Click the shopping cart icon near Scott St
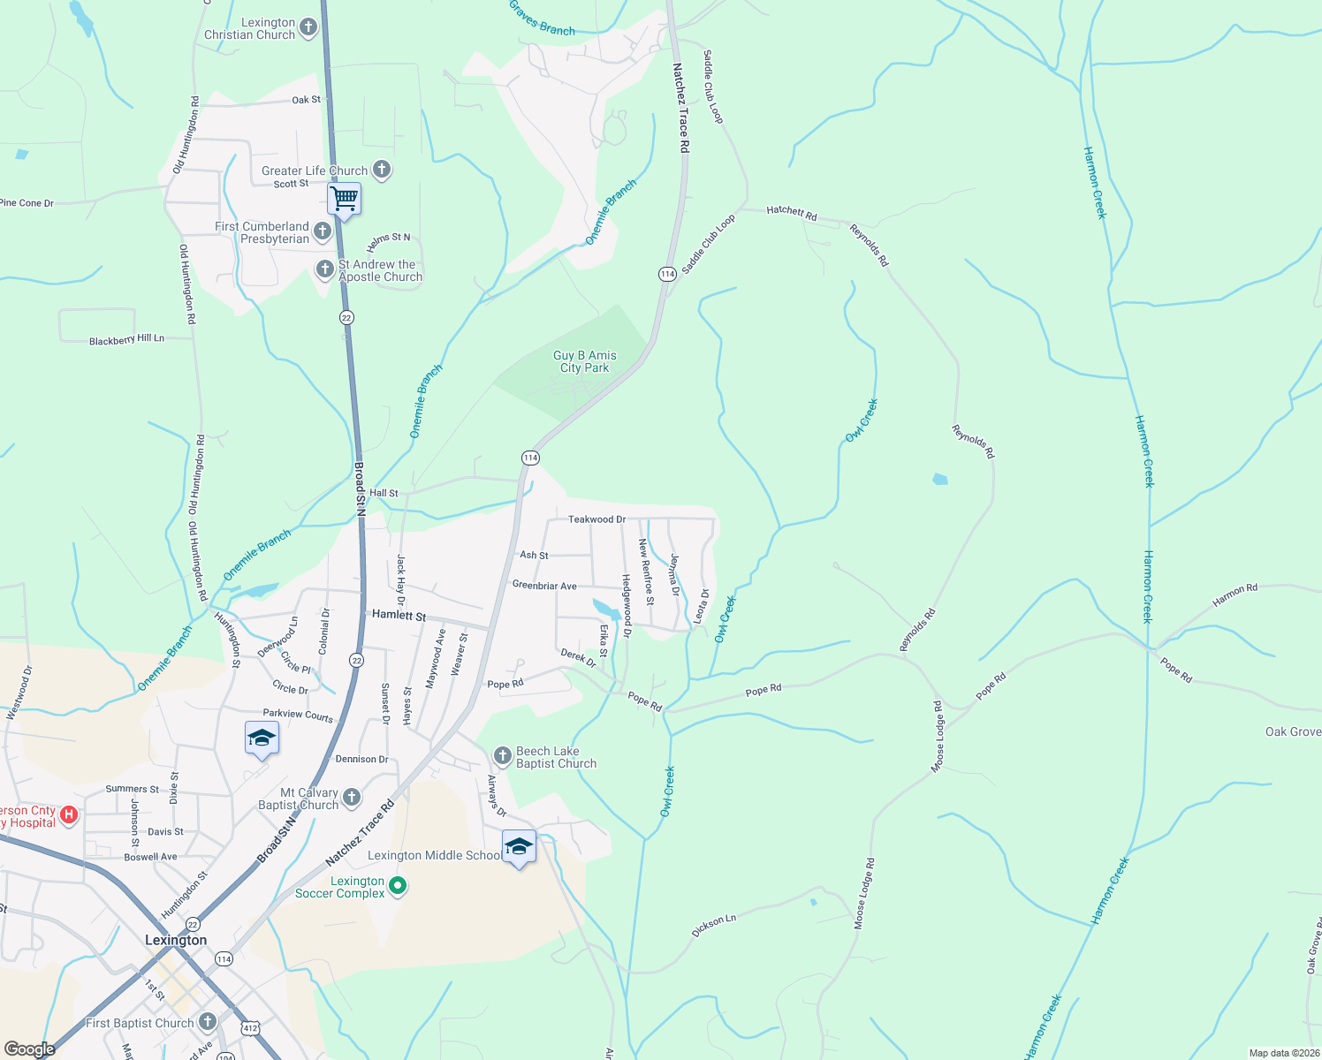[344, 200]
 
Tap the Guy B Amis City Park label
[585, 361]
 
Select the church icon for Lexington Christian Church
[308, 27]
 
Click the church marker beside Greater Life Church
[382, 170]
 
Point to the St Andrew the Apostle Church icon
[325, 269]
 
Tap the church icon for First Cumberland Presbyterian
[323, 231]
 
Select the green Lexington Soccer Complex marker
[398, 885]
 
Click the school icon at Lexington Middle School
[518, 847]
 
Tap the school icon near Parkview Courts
[262, 738]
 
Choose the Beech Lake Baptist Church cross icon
[503, 755]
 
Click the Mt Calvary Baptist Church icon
[352, 798]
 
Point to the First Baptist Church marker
[208, 1022]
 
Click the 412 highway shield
[250, 1027]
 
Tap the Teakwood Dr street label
[596, 519]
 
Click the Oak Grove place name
[1293, 731]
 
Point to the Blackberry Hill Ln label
[126, 339]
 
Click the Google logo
[29, 1049]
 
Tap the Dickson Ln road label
[714, 925]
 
